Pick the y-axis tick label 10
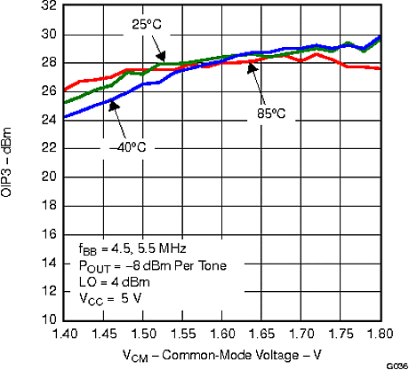point(49,319)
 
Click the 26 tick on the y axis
point(49,91)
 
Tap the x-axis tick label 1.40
point(63,335)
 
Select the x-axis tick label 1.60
point(222,335)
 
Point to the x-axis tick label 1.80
point(381,335)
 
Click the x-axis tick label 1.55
point(182,335)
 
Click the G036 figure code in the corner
point(397,365)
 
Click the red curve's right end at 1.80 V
point(381,68)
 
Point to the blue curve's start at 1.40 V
point(64,117)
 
